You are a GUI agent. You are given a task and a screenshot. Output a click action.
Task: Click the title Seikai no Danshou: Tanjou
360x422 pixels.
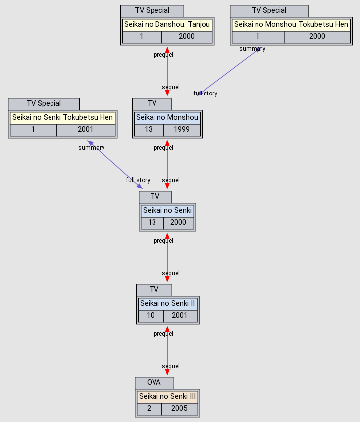point(167,24)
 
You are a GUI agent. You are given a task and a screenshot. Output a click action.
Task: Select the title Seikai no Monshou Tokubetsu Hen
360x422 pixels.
point(291,24)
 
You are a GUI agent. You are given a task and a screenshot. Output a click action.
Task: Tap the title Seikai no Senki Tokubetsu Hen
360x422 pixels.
point(62,117)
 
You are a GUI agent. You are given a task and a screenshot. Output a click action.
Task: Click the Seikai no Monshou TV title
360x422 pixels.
point(167,117)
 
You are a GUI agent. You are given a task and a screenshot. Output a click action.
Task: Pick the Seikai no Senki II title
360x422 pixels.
point(167,303)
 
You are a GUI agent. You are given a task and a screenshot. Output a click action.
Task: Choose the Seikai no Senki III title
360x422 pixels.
point(167,396)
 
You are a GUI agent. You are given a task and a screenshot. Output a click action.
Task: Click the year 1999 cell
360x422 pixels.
point(182,130)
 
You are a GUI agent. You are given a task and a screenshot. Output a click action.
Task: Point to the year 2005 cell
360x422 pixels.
point(179,409)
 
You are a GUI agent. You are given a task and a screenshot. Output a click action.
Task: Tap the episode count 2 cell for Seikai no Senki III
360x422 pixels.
point(149,409)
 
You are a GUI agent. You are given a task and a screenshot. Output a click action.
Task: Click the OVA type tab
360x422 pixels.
point(154,383)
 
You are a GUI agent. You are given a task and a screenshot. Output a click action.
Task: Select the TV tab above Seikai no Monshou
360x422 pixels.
point(152,104)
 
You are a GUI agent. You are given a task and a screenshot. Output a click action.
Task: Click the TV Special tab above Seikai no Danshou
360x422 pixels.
point(152,11)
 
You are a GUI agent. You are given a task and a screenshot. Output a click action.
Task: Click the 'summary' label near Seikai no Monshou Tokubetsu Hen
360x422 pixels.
point(252,49)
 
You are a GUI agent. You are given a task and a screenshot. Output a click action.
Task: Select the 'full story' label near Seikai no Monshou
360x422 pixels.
point(205,94)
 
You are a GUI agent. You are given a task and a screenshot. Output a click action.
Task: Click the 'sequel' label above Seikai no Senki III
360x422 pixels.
point(171,366)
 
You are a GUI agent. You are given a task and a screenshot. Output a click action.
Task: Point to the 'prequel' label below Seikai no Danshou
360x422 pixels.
point(163,55)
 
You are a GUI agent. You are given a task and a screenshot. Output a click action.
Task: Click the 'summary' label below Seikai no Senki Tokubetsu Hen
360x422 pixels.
point(91,148)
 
